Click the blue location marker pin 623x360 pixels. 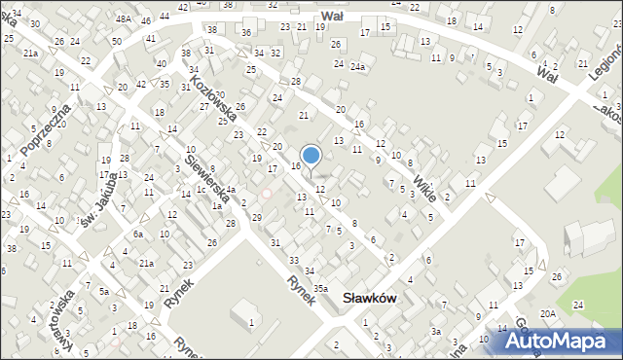click(x=311, y=156)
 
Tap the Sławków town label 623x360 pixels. click(x=370, y=299)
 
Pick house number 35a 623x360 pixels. click(x=321, y=288)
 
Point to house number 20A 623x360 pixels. click(x=549, y=313)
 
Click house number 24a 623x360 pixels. click(x=358, y=66)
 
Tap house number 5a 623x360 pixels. click(x=103, y=290)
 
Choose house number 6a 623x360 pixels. click(x=138, y=234)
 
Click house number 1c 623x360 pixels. click(x=201, y=190)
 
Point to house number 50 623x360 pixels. click(x=116, y=41)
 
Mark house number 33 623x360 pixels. click(x=294, y=260)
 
